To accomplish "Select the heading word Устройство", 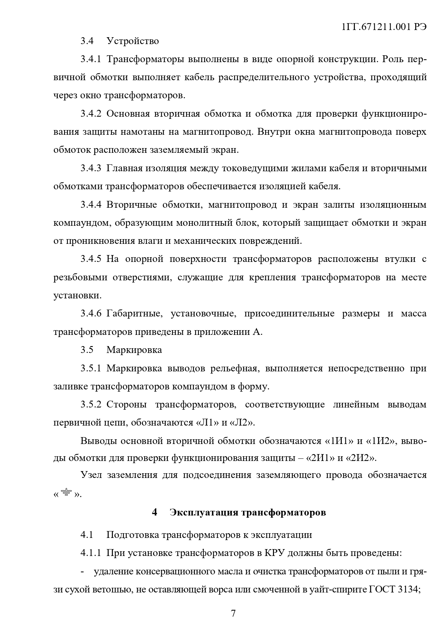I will (132, 41).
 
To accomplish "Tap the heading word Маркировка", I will (134, 350).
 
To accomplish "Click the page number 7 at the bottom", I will (233, 613).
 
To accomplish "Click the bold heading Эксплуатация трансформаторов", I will (248, 512).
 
